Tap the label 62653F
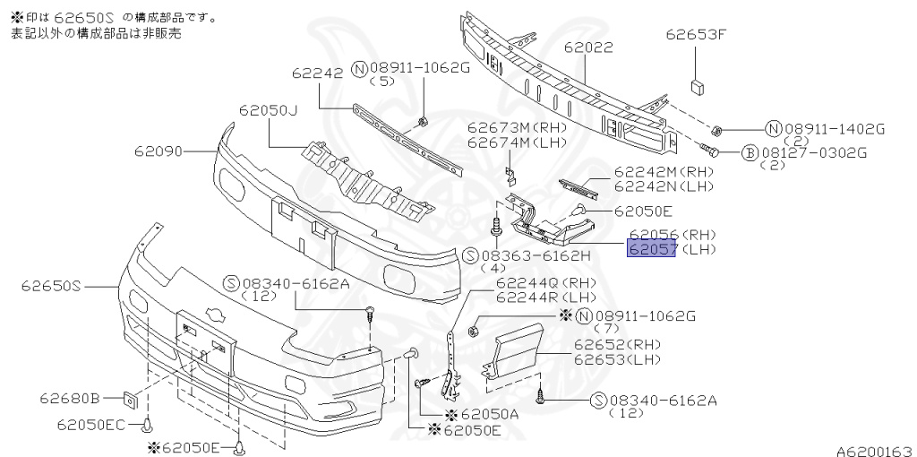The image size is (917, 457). (x=695, y=36)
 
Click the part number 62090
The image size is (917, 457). (x=157, y=152)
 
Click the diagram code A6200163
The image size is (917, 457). (x=874, y=447)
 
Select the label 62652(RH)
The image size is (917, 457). (x=617, y=345)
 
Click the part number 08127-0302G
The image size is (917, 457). (x=814, y=153)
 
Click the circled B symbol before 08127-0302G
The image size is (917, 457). (x=750, y=153)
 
